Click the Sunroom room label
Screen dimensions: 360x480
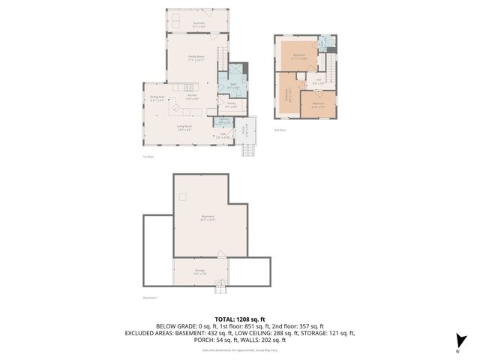(198, 24)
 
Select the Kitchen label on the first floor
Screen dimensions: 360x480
(191, 97)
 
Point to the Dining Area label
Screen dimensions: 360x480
(157, 98)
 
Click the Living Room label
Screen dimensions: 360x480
(184, 127)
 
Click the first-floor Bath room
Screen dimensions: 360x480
(233, 86)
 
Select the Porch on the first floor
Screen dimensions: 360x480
(245, 130)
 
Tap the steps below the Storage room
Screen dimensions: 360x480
(220, 287)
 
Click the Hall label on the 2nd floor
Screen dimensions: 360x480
(318, 80)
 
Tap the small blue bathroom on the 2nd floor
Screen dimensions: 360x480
(324, 43)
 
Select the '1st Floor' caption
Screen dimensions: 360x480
(148, 157)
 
